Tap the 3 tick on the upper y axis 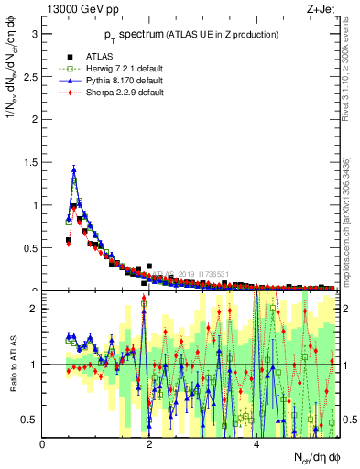click(x=34, y=34)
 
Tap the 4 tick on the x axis click(x=256, y=445)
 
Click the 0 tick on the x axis click(x=43, y=445)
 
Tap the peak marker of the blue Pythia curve click(x=73, y=169)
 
